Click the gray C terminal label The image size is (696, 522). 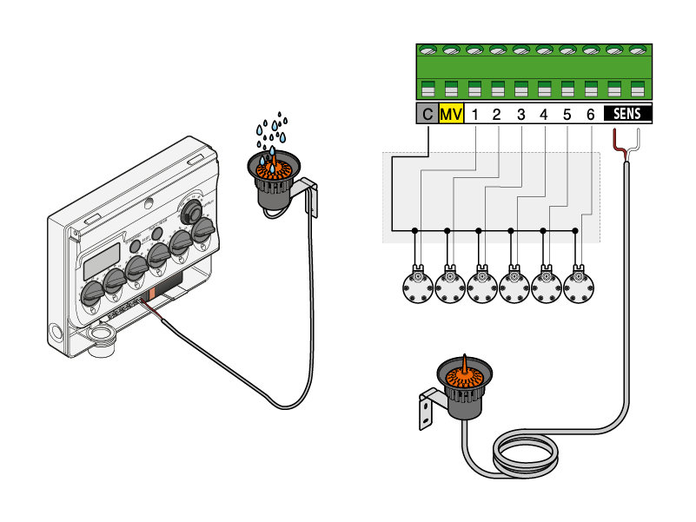427,114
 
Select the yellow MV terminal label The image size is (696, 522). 451,114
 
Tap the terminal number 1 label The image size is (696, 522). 475,114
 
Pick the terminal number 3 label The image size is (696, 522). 520,114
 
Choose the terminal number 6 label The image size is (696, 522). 591,114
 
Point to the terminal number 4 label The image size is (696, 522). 543,114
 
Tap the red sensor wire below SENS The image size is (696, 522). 619,142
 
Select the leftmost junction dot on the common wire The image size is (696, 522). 414,231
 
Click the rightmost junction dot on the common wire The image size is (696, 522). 575,231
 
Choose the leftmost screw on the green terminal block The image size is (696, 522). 428,51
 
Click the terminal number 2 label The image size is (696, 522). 497,114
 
